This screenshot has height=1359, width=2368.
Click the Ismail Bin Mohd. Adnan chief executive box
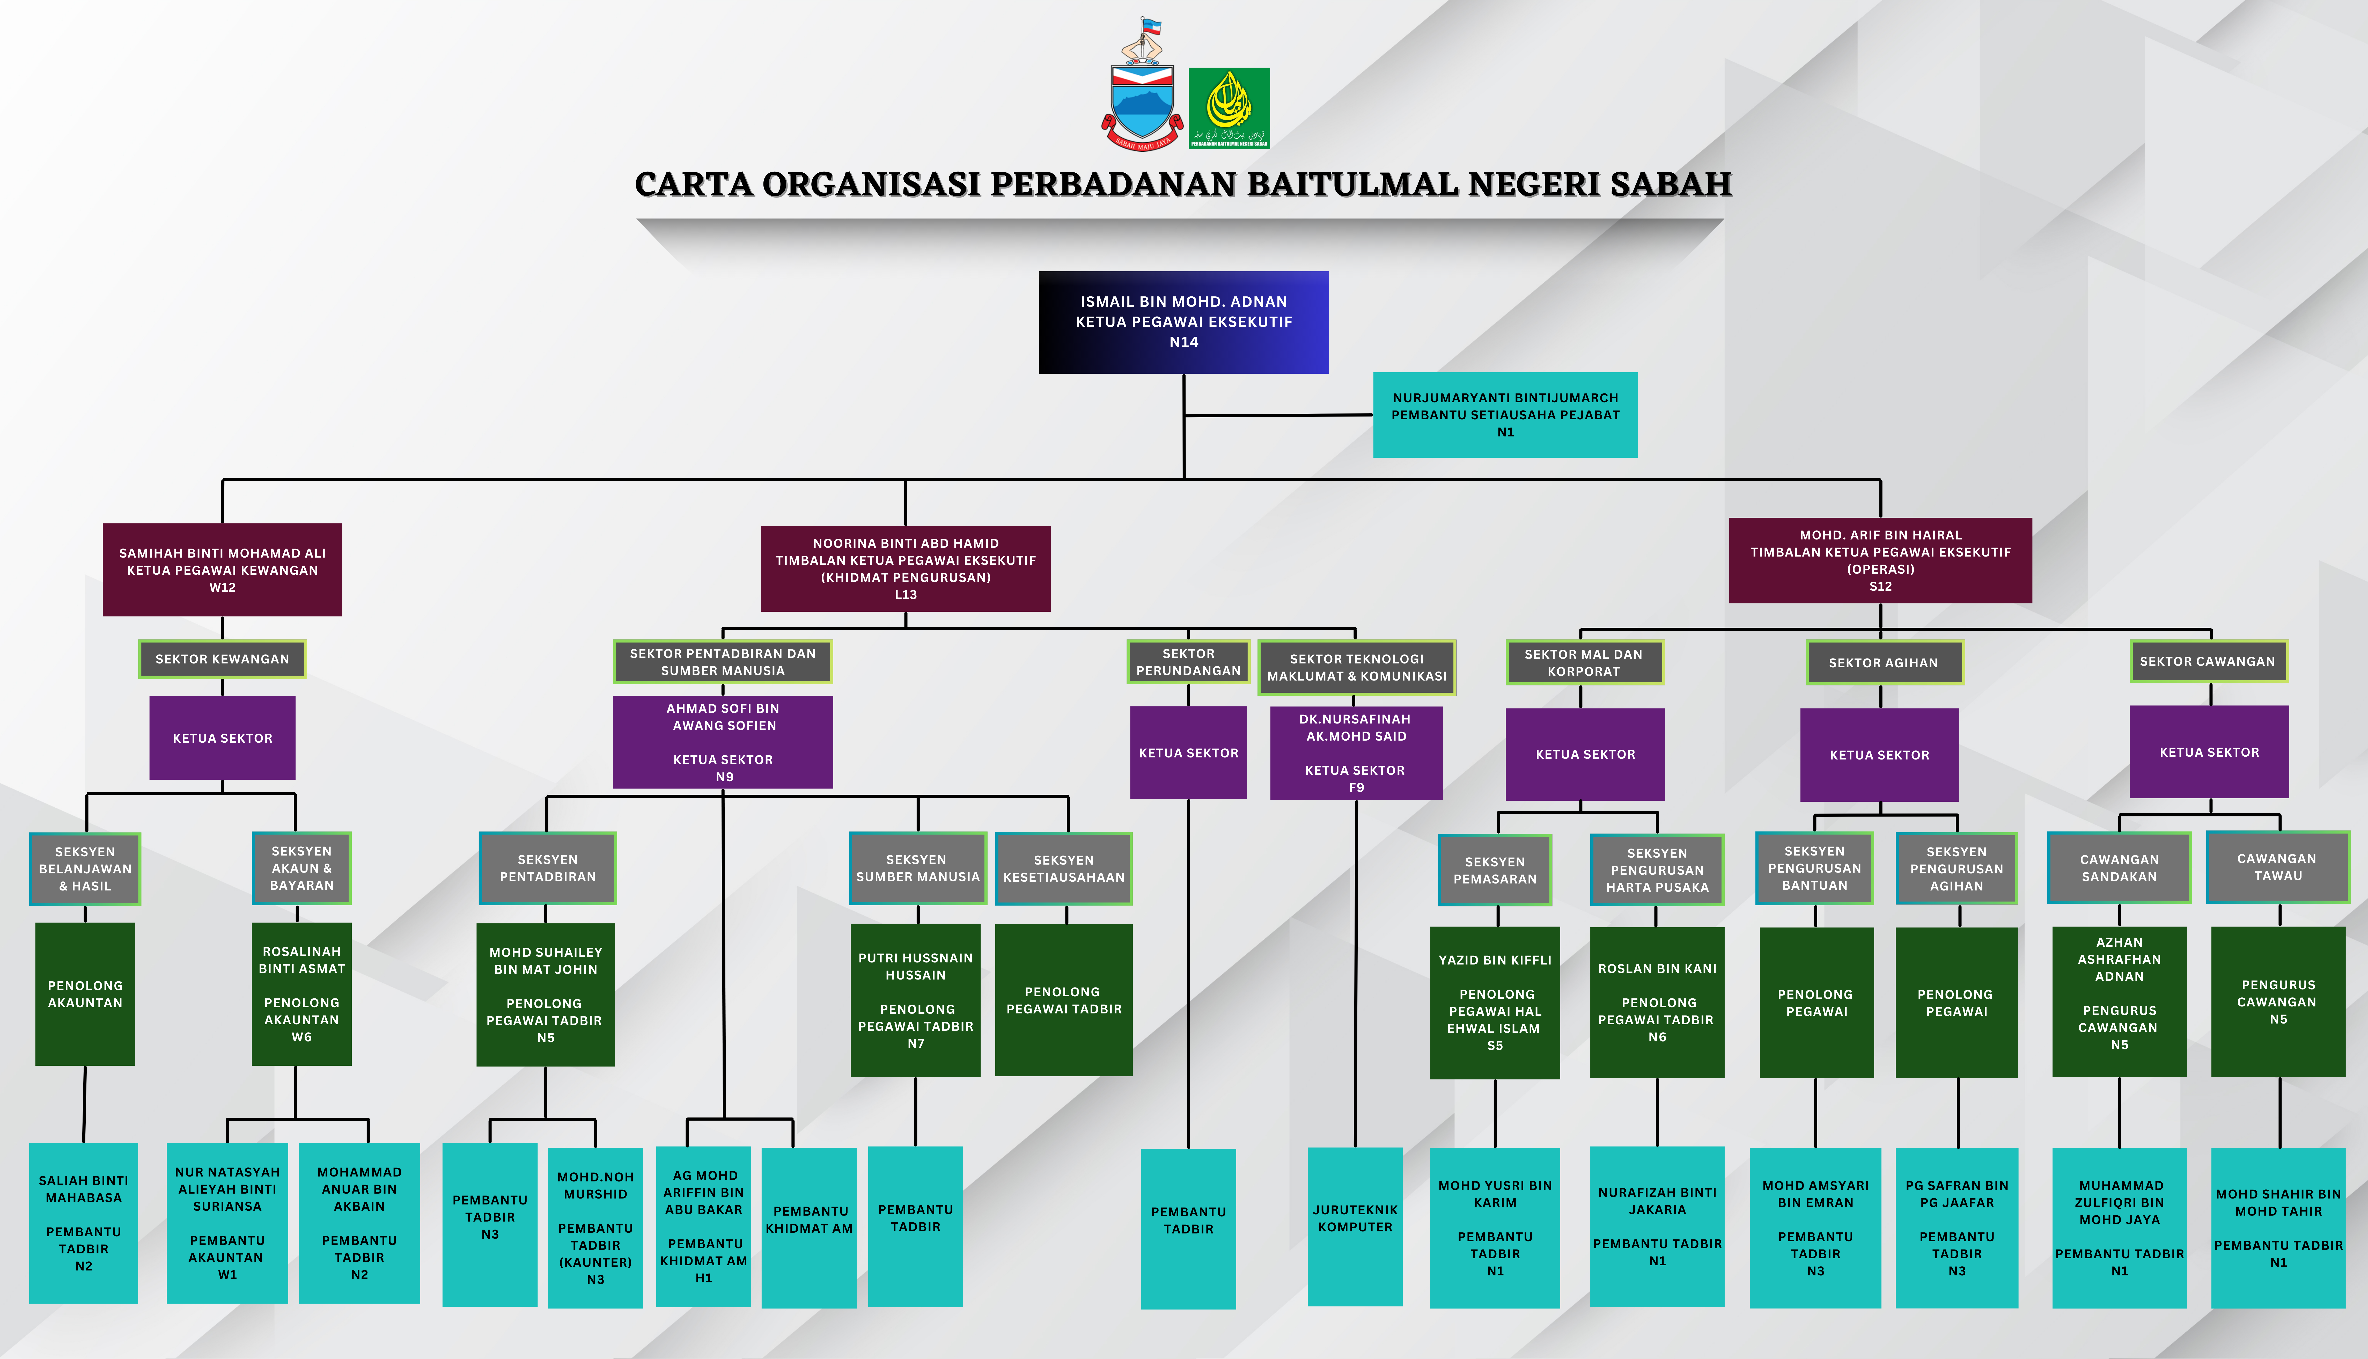pos(1183,322)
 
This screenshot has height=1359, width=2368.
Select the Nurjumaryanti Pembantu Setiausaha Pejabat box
pos(1505,414)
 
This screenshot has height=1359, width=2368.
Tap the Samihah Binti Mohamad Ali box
pos(222,569)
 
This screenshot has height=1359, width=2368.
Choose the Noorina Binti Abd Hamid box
pos(905,568)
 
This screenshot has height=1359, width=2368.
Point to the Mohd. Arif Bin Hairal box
pos(1880,560)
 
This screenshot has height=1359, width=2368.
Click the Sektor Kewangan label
pos(222,659)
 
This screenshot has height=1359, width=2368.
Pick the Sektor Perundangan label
pos(1188,662)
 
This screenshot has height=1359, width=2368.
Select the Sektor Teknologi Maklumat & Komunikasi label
pos(1357,667)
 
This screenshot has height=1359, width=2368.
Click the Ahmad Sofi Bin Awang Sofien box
pos(722,742)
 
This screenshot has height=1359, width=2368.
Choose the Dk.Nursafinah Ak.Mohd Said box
pos(1356,752)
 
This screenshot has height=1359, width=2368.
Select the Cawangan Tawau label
pos(2277,867)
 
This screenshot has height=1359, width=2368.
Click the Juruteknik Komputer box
pos(1355,1225)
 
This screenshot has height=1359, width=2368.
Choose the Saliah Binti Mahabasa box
pos(83,1223)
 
